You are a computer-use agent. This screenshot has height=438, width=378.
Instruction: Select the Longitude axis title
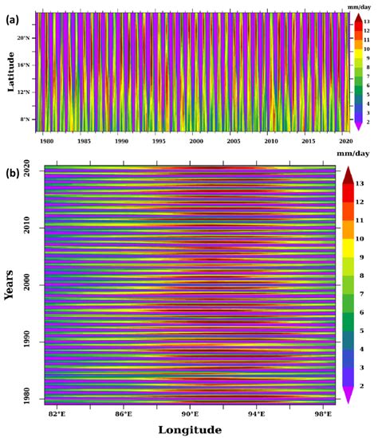190,430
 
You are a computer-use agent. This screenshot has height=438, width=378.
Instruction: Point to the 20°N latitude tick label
24,37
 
